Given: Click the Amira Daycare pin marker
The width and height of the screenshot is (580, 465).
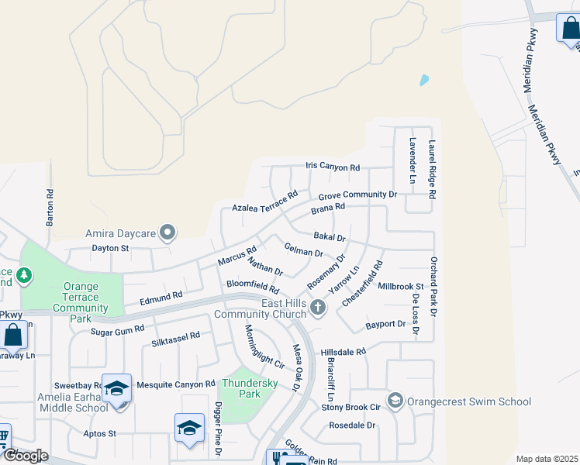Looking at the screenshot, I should (167, 232).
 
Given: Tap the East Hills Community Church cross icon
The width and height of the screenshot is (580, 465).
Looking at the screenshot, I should (317, 308).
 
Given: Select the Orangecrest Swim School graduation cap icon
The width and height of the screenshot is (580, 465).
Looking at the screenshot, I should (395, 401).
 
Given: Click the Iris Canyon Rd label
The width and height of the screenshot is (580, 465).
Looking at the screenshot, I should (333, 167).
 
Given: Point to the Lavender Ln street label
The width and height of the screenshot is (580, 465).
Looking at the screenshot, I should (413, 161).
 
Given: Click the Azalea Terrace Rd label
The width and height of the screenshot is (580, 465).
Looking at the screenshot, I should (265, 203).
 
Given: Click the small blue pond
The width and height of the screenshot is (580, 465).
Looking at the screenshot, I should (423, 80).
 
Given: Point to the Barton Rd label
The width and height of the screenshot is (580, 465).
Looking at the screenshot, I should (50, 208).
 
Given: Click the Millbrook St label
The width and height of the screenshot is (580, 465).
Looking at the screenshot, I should (401, 287).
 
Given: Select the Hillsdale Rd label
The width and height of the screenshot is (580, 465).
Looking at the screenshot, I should (343, 352).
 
